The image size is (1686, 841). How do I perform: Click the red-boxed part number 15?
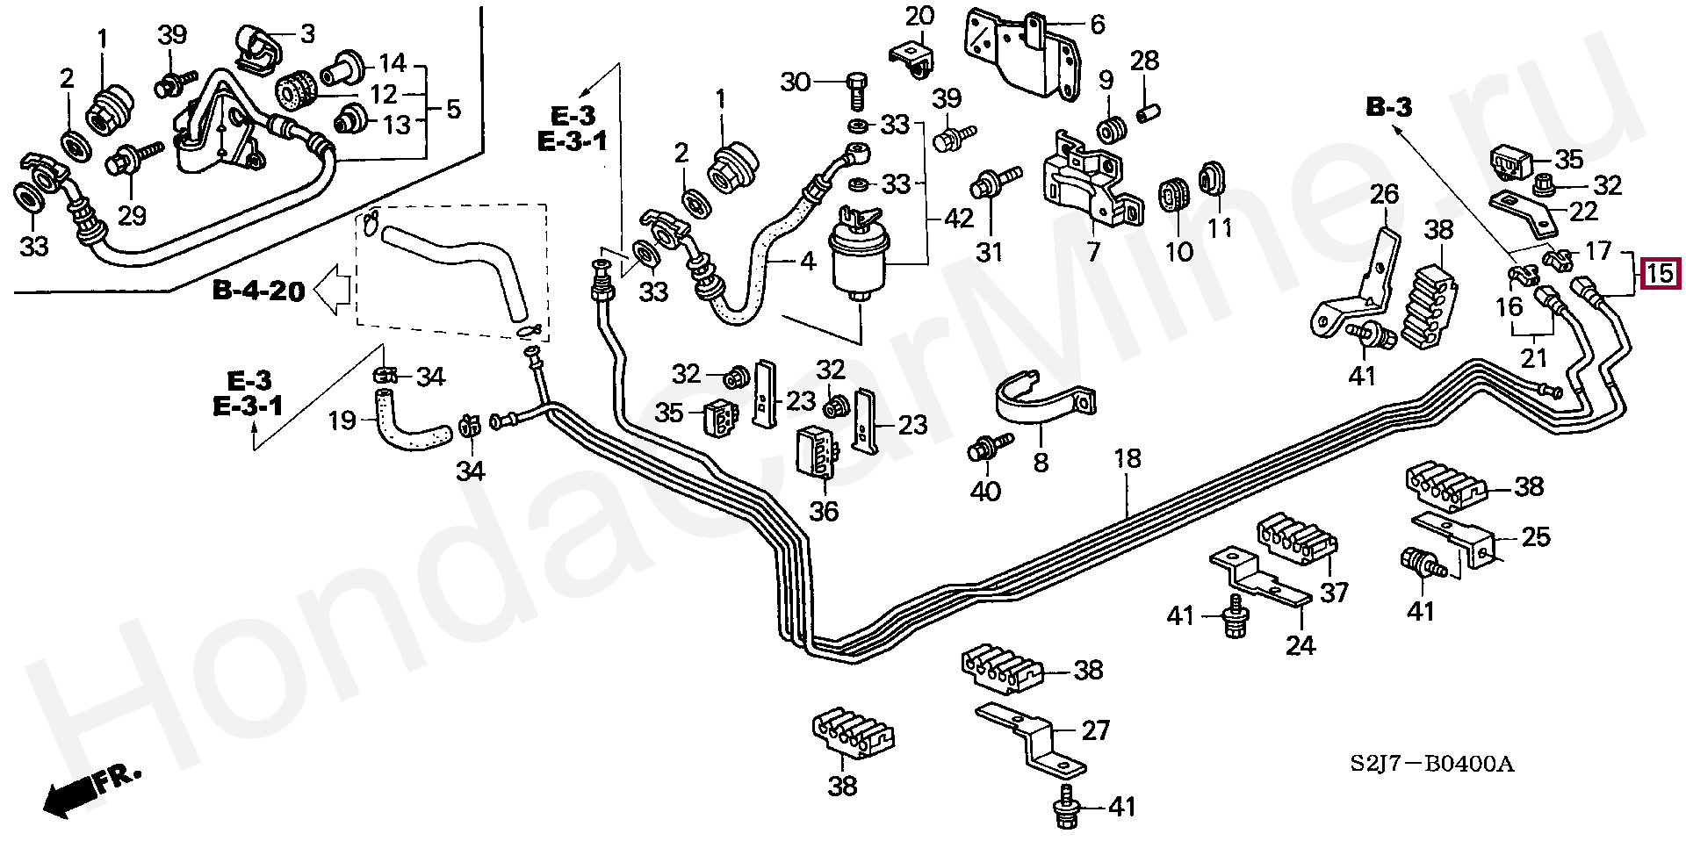(1659, 274)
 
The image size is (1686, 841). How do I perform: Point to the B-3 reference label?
(1389, 108)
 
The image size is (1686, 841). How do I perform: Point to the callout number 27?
(1096, 730)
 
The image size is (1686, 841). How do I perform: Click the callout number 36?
(824, 510)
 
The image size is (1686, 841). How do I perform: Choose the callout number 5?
(453, 110)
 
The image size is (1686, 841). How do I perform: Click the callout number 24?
(1301, 645)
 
